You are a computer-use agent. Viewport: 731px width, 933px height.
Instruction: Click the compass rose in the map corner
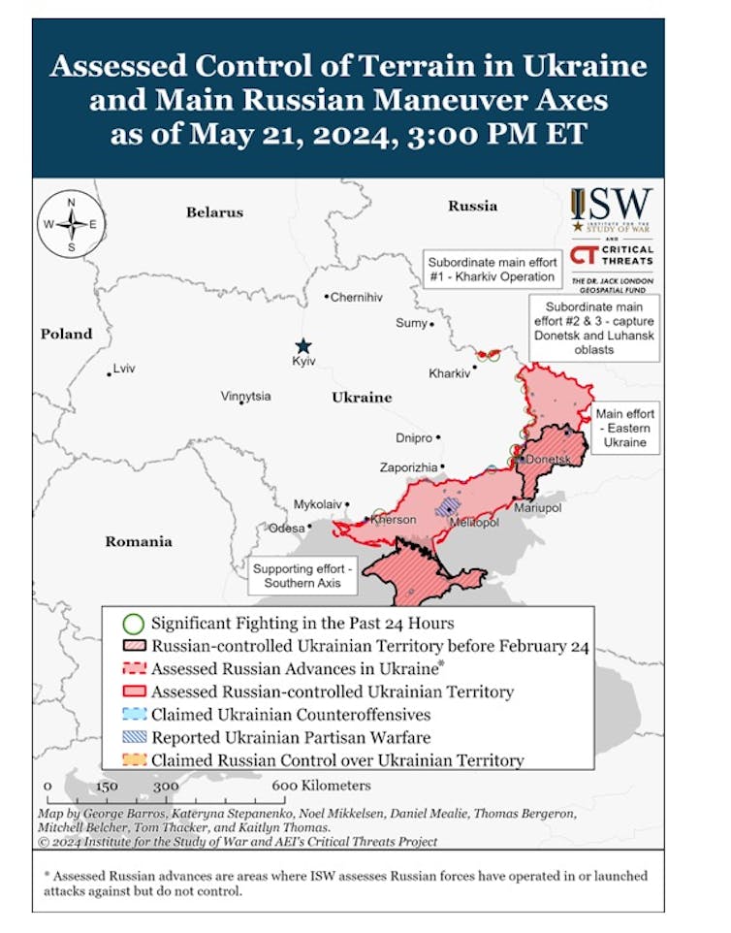pos(72,225)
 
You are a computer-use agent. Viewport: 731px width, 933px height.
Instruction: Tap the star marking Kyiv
pos(303,346)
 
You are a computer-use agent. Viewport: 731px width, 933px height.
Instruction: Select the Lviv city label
pos(123,370)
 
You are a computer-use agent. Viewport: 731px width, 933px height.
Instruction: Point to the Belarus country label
pos(214,211)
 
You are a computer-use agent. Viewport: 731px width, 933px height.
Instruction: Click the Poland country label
pos(66,334)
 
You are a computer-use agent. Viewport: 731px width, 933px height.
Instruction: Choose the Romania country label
pos(139,541)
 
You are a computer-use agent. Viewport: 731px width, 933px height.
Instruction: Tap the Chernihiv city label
pos(357,297)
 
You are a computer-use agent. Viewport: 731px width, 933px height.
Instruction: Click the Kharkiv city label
pos(449,373)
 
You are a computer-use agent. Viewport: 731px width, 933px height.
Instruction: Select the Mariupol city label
pos(537,507)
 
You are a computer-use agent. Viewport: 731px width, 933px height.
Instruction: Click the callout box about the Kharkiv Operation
pos(493,269)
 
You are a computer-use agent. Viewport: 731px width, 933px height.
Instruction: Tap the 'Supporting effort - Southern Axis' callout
pos(303,576)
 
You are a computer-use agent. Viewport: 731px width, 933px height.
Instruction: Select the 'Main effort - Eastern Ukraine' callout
pos(625,428)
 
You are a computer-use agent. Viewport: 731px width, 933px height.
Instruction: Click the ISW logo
pos(612,208)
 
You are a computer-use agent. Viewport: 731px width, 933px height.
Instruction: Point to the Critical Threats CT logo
pos(612,254)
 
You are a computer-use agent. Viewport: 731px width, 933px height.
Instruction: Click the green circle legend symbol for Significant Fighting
pos(135,624)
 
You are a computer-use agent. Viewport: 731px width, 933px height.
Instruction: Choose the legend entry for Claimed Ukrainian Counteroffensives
pos(291,715)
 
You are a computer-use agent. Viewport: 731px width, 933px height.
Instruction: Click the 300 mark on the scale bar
pos(165,787)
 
